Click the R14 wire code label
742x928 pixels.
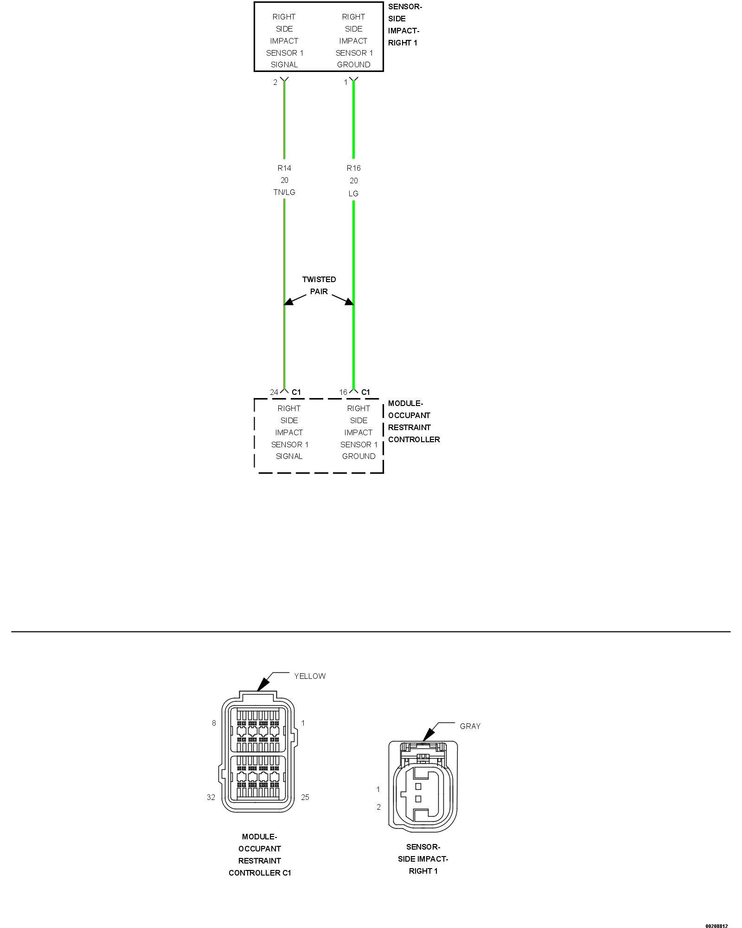(x=284, y=168)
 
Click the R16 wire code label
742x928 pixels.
(x=353, y=168)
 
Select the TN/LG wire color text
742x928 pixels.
(x=284, y=192)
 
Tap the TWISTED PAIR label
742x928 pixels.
(x=319, y=285)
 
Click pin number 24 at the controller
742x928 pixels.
(x=274, y=393)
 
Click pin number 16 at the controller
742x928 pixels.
(x=343, y=393)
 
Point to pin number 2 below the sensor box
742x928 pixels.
(x=275, y=83)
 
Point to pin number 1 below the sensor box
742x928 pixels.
(x=345, y=83)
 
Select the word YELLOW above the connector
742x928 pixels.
(x=310, y=677)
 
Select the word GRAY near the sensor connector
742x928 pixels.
(x=470, y=727)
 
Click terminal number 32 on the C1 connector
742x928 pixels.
(x=211, y=798)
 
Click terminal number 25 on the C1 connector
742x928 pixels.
(x=305, y=798)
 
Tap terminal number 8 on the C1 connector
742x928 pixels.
(x=214, y=723)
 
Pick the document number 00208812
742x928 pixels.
(x=716, y=926)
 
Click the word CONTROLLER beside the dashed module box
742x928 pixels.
(x=414, y=439)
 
